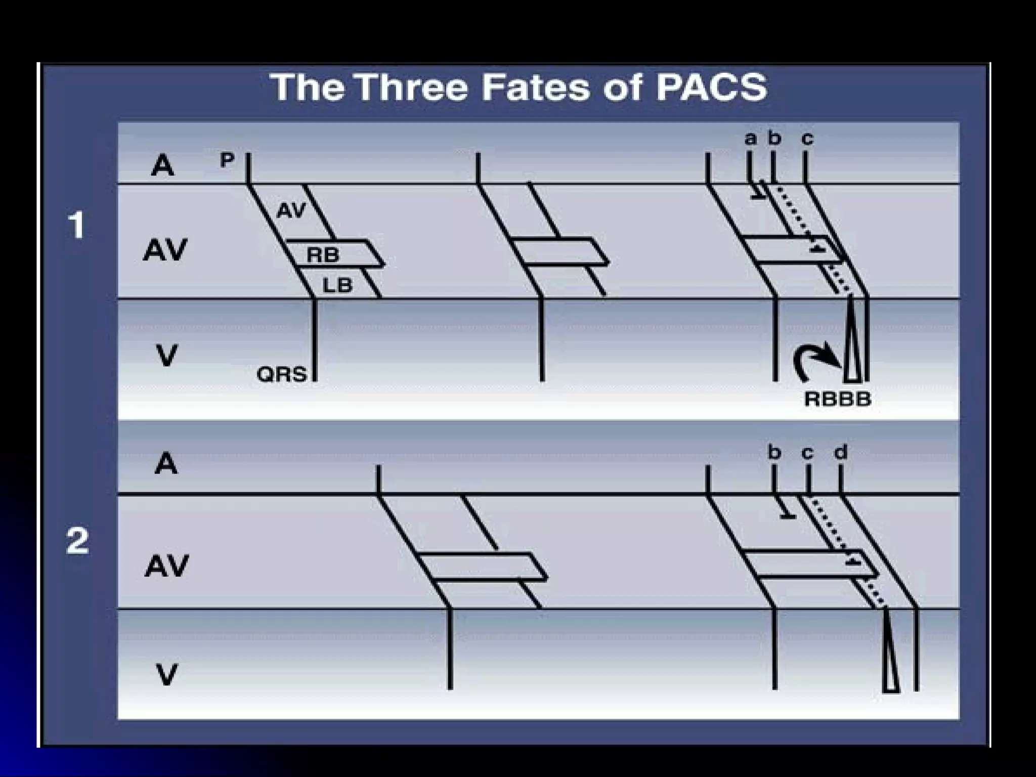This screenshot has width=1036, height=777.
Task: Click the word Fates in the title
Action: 535,87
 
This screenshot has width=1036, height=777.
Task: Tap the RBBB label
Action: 838,399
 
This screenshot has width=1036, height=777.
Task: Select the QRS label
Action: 282,375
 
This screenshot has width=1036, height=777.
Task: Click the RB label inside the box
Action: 323,255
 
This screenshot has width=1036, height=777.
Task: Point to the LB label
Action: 337,286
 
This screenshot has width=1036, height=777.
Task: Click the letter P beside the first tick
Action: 227,160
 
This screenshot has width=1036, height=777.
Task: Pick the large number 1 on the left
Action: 77,225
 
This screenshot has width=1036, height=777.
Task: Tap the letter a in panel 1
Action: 751,138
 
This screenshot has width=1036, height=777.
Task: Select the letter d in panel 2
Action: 840,452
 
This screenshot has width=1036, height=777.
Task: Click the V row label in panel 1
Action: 166,355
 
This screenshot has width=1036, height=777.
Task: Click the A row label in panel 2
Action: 166,463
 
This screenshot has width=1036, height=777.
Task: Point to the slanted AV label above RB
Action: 292,209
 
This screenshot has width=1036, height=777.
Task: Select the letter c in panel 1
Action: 807,138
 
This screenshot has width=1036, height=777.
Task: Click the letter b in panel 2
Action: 774,452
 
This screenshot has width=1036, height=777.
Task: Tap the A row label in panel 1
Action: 162,165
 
